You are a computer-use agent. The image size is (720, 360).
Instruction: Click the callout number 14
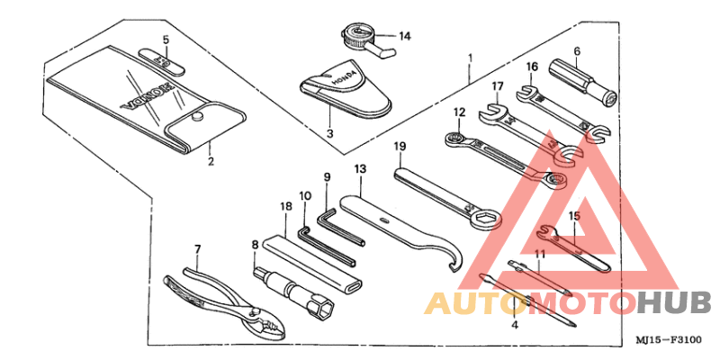pyautogui.click(x=404, y=36)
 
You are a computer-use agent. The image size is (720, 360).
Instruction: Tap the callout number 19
pyautogui.click(x=400, y=147)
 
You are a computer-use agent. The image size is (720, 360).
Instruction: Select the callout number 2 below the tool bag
pyautogui.click(x=211, y=162)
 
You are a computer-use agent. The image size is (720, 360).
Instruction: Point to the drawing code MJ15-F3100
pyautogui.click(x=669, y=340)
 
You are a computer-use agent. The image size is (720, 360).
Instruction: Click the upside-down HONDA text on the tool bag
pyautogui.click(x=147, y=97)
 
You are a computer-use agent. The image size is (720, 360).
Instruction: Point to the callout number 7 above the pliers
pyautogui.click(x=197, y=250)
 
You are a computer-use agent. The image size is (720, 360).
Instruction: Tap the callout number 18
pyautogui.click(x=285, y=206)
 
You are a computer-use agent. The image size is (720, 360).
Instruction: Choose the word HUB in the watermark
pyautogui.click(x=676, y=303)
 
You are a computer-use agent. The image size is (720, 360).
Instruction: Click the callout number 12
pyautogui.click(x=460, y=112)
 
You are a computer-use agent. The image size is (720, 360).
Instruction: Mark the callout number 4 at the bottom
pyautogui.click(x=515, y=325)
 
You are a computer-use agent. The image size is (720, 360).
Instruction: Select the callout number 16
pyautogui.click(x=532, y=67)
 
